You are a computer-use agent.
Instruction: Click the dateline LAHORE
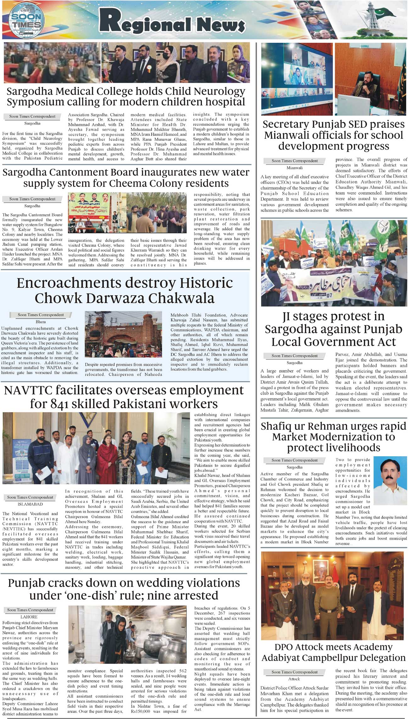pos(29,617)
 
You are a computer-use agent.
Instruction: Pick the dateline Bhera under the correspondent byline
pos(41,322)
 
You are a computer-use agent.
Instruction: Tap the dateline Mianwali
pos(294,168)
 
